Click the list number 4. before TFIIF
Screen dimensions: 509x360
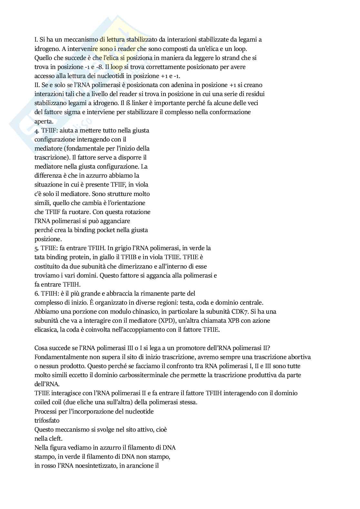(x=37, y=131)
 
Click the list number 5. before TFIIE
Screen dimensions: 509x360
(x=37, y=248)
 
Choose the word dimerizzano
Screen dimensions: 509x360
(x=139, y=266)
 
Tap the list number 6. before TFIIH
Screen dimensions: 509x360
(x=37, y=293)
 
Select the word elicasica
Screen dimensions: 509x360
(x=46, y=330)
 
